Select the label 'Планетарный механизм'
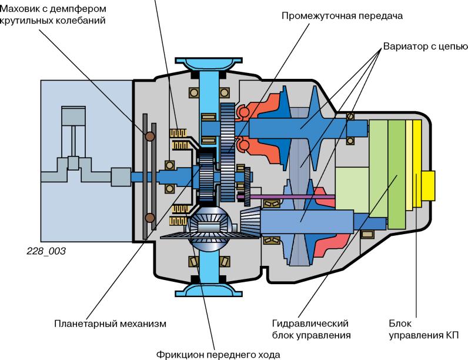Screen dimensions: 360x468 pos(111,324)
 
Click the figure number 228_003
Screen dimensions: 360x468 pos(46,251)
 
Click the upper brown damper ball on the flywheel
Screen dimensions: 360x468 pos(150,136)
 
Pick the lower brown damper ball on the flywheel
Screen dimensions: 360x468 pos(150,218)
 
